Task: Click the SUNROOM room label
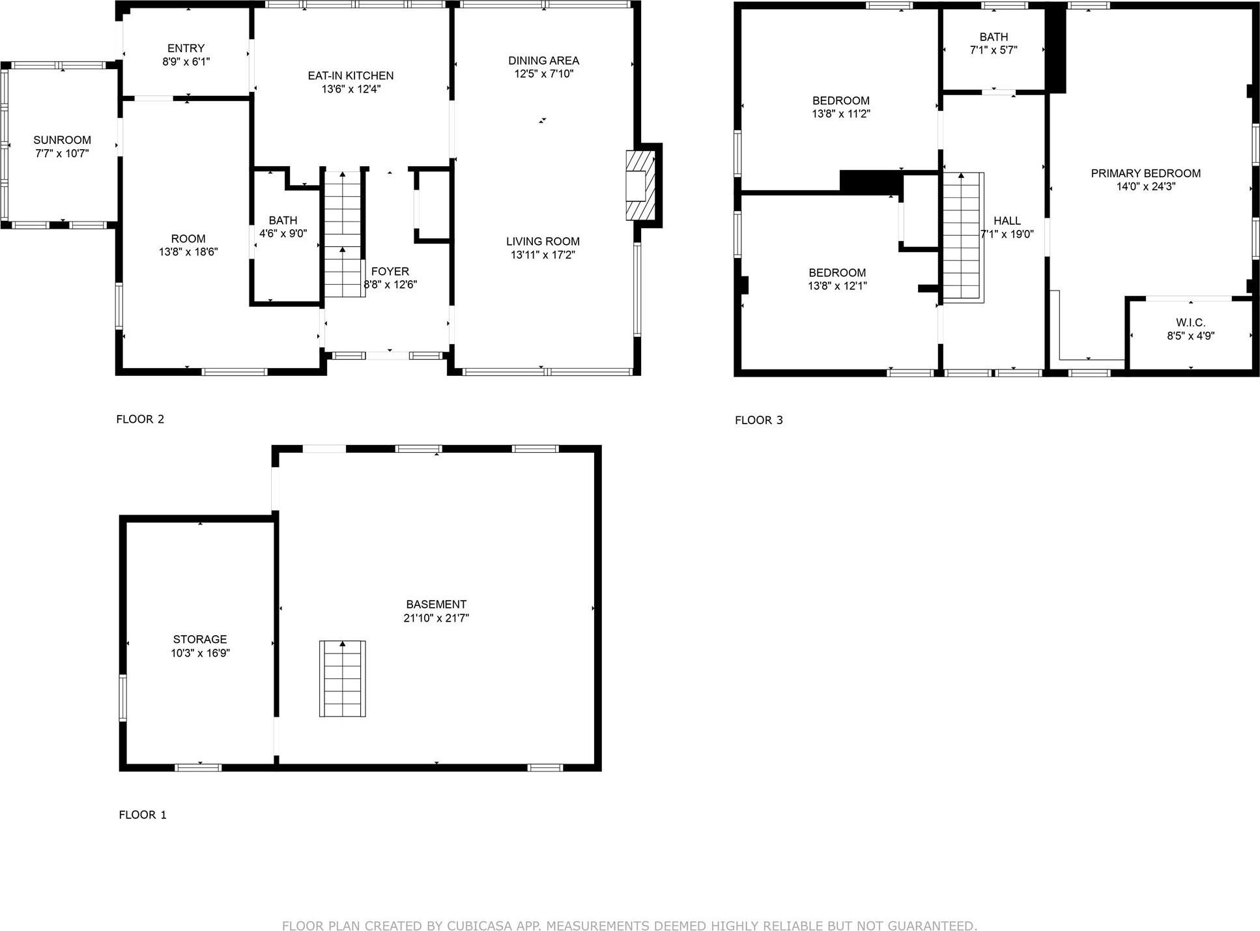click(x=62, y=140)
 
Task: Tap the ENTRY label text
click(x=186, y=48)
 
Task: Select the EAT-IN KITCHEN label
click(x=351, y=76)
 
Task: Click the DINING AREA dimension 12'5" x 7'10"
click(x=543, y=74)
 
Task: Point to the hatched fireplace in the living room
click(x=639, y=185)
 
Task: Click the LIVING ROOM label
click(x=543, y=241)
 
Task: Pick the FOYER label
click(x=390, y=272)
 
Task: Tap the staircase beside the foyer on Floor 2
click(x=343, y=235)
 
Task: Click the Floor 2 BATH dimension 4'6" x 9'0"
click(x=283, y=233)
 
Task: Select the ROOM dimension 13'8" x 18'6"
click(x=188, y=251)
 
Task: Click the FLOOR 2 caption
click(x=140, y=419)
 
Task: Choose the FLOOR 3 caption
click(x=758, y=420)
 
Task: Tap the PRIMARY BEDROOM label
click(x=1145, y=173)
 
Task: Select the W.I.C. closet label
click(x=1190, y=322)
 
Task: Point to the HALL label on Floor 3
click(x=1007, y=221)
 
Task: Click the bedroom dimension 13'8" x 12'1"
click(x=837, y=285)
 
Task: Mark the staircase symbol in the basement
click(x=343, y=679)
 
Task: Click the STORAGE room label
click(x=200, y=639)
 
